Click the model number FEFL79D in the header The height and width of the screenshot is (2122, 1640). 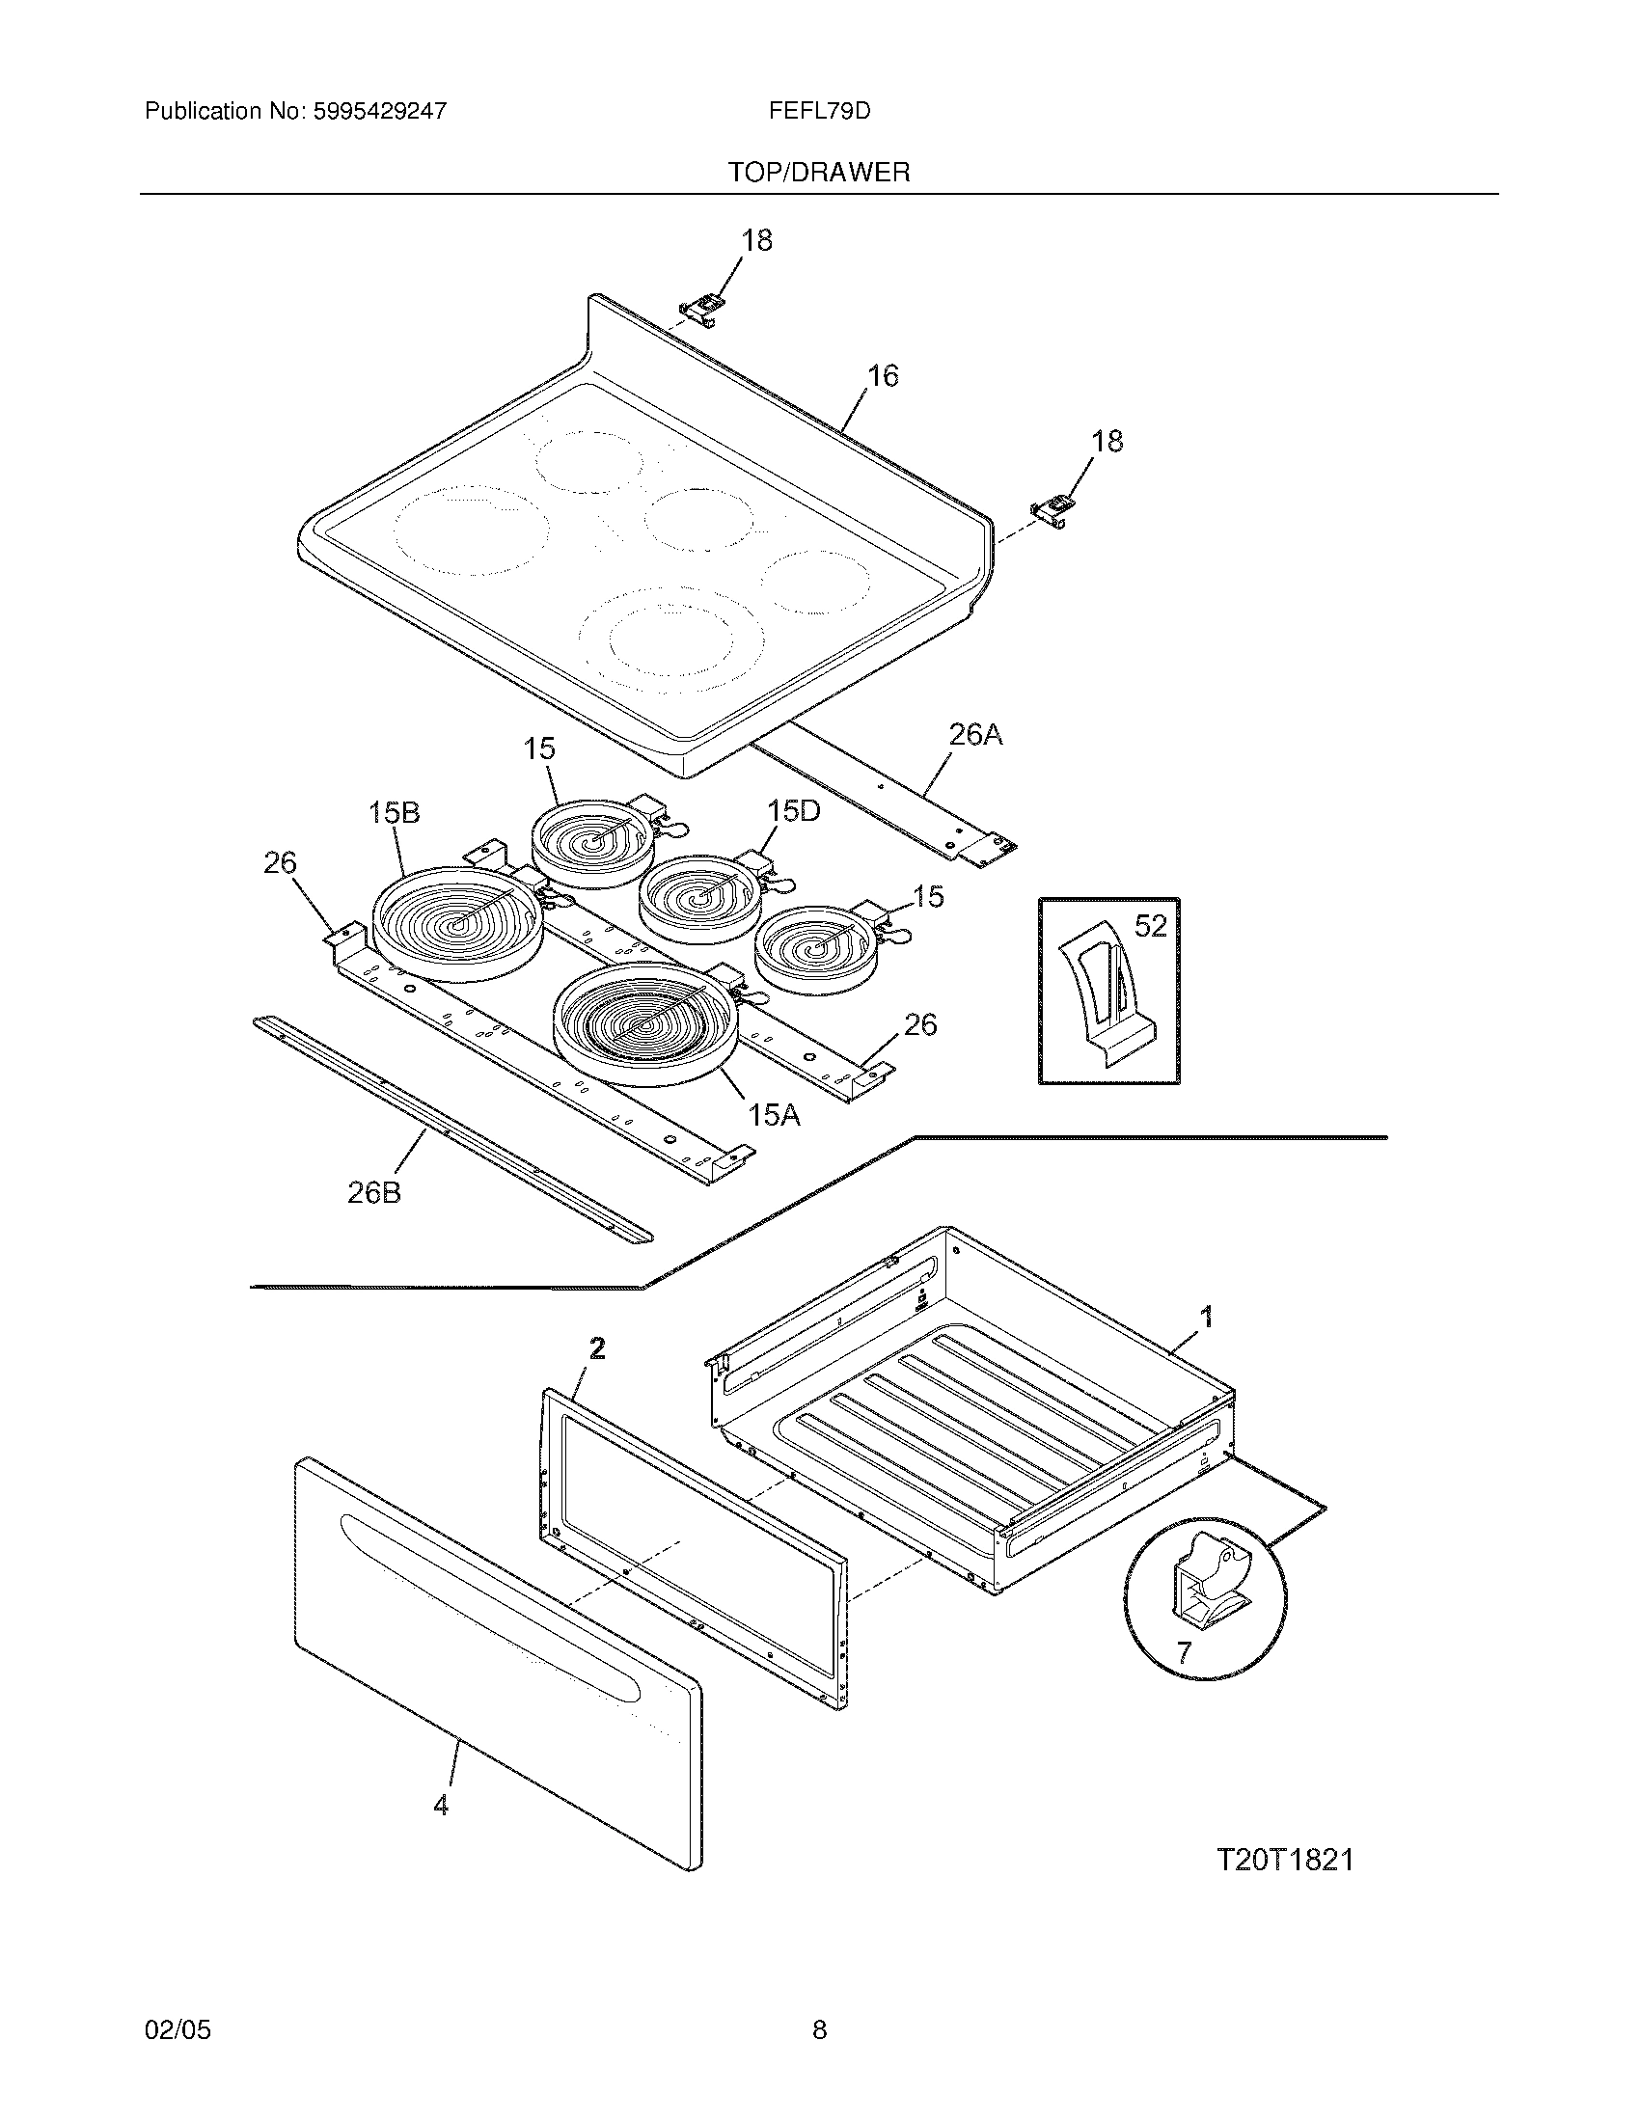pyautogui.click(x=819, y=111)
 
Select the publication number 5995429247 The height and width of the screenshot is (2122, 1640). pyautogui.click(x=380, y=111)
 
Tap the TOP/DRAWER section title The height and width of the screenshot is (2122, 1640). pyautogui.click(x=819, y=173)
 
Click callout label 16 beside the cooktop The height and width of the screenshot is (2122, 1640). pyautogui.click(x=882, y=376)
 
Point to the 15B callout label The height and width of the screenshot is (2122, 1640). pyautogui.click(x=394, y=813)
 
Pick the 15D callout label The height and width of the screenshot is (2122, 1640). pyautogui.click(x=794, y=810)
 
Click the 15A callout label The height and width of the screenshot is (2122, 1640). pyautogui.click(x=775, y=1115)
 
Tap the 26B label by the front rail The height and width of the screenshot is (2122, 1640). pyautogui.click(x=374, y=1192)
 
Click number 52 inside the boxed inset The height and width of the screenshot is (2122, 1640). pyautogui.click(x=1149, y=926)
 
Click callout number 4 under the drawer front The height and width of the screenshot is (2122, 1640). pyautogui.click(x=441, y=1806)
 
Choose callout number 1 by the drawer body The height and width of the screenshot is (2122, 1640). pyautogui.click(x=1207, y=1318)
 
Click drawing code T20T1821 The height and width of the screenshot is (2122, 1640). pyautogui.click(x=1284, y=1860)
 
